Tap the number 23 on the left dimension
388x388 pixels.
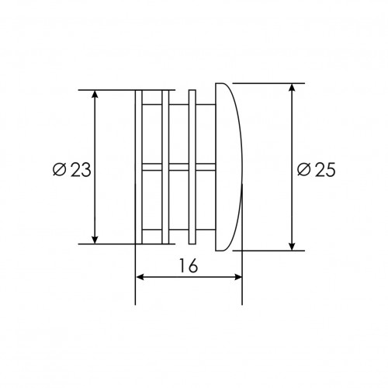pos(80,170)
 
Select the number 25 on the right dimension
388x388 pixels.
pos(325,170)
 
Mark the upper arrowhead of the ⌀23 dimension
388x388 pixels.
pos(95,95)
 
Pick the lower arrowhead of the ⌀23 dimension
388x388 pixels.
pos(95,238)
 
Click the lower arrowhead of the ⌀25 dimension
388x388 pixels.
pos(293,245)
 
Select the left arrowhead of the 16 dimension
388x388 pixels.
pos(140,277)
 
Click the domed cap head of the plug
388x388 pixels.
pos(229,167)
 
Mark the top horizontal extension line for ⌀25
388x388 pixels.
pos(268,82)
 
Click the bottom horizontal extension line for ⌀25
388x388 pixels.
pos(268,251)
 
